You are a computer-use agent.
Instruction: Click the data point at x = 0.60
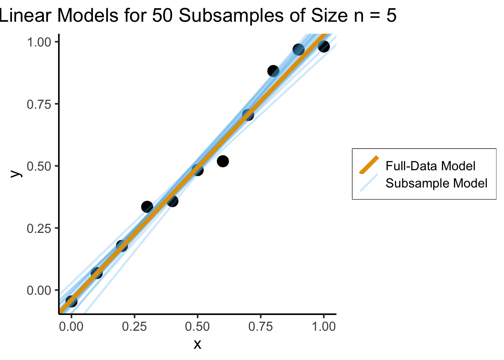tap(223, 161)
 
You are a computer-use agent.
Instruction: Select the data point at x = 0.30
tap(147, 207)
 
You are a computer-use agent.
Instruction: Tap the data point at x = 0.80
tap(273, 71)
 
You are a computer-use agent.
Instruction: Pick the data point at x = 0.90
tap(298, 49)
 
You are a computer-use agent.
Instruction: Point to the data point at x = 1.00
tap(324, 46)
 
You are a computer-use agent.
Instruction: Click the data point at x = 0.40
tap(172, 201)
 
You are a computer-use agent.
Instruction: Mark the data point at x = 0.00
tap(71, 301)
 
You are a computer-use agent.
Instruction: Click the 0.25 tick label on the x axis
tap(134, 326)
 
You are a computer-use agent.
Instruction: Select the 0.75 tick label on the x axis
tap(261, 326)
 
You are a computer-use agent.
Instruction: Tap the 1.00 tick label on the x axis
tap(324, 326)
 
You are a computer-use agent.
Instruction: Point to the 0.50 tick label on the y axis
tap(39, 166)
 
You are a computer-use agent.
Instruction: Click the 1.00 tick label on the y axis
tap(39, 42)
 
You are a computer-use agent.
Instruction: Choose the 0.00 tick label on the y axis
tap(39, 290)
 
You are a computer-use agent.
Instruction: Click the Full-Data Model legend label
tap(430, 166)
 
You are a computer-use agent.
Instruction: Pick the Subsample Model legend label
tap(436, 183)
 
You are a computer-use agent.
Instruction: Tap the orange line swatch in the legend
tap(369, 165)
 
